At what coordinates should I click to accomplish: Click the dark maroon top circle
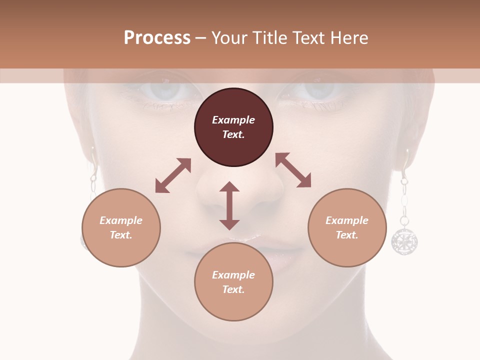click(233, 127)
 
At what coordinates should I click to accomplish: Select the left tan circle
click(121, 227)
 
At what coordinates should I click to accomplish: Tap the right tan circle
click(347, 227)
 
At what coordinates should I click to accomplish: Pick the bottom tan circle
click(233, 282)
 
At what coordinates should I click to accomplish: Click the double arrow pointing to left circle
click(173, 175)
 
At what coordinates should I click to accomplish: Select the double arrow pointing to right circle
click(293, 170)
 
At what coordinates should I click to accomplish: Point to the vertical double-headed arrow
click(229, 205)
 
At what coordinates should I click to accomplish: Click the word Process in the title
click(157, 37)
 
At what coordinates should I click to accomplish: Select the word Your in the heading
click(228, 37)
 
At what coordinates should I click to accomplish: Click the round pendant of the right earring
click(404, 240)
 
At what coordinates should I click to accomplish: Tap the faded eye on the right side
click(315, 90)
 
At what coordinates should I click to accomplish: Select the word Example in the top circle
click(233, 120)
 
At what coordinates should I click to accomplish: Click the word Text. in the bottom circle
click(233, 289)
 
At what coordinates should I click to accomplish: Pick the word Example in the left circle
click(121, 220)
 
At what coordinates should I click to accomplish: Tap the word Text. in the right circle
click(347, 235)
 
